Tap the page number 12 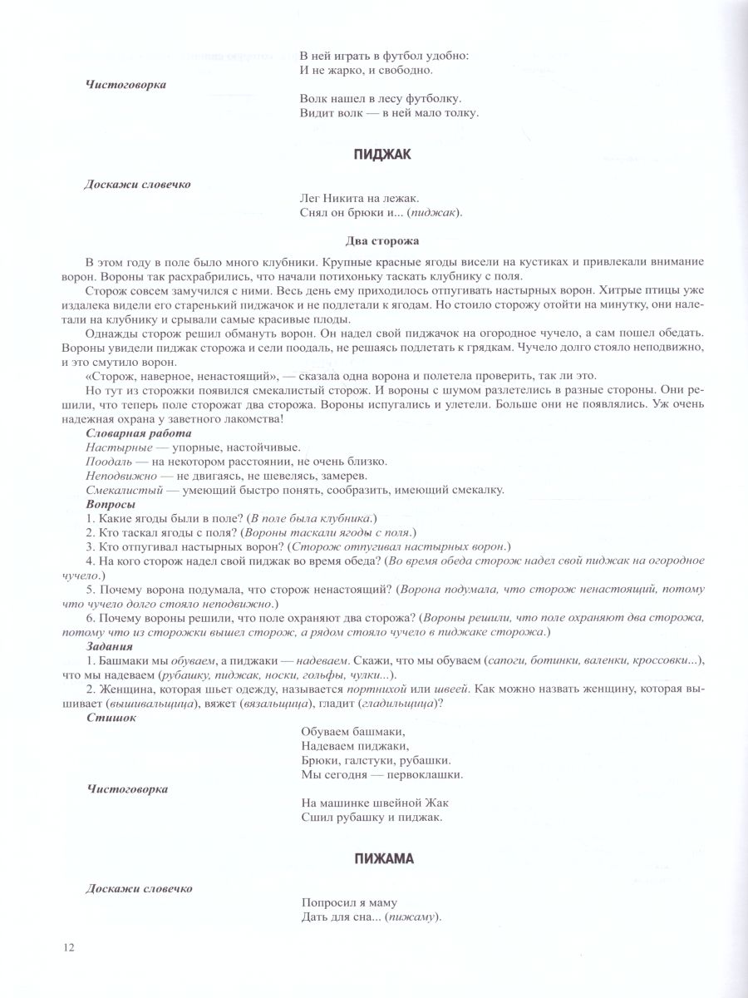click(68, 948)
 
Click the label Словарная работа click(139, 433)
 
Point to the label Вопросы click(111, 503)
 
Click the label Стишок click(111, 717)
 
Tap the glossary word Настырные click(112, 447)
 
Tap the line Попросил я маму click(348, 902)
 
